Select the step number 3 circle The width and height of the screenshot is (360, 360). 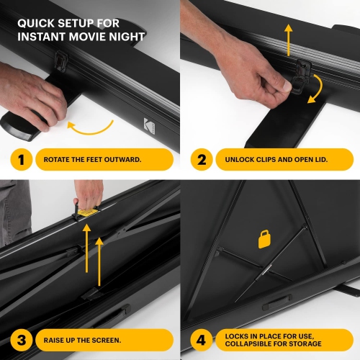[21, 339]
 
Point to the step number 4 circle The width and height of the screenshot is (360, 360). [201, 339]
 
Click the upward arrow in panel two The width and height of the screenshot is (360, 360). [288, 40]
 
